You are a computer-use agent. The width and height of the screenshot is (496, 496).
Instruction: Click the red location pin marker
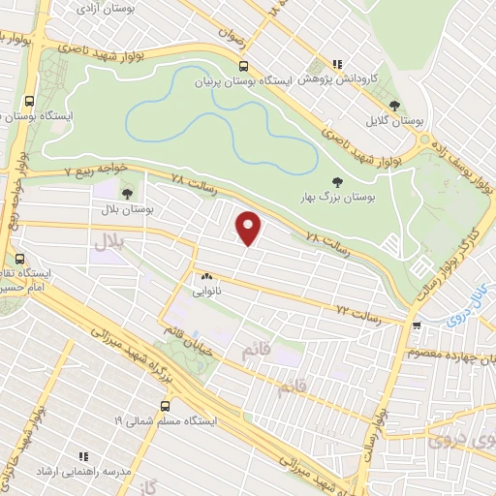tap(249, 229)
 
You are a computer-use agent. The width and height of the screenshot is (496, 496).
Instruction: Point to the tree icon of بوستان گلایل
tap(393, 106)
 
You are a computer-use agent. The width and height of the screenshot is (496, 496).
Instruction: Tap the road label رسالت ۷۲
tap(355, 311)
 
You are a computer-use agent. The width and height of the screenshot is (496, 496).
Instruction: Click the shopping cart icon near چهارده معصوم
tap(416, 325)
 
